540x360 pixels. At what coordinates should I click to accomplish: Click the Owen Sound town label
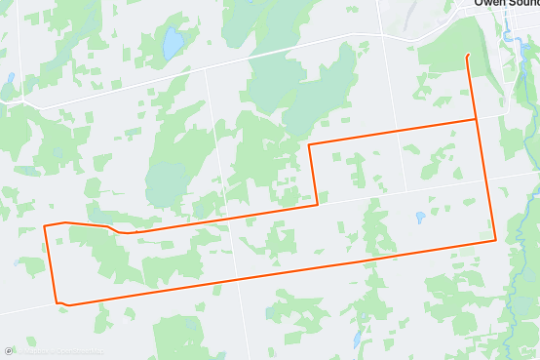point(506,4)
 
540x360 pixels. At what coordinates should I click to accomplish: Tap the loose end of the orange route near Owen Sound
point(469,55)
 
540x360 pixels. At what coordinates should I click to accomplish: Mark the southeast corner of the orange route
point(495,239)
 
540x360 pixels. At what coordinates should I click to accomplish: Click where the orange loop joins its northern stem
point(476,120)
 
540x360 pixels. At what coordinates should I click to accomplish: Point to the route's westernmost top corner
point(45,226)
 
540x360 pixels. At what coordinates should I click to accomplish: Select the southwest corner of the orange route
point(57,301)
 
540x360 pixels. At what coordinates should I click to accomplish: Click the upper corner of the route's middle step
point(309,144)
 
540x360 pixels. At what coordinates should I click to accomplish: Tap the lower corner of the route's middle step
point(317,205)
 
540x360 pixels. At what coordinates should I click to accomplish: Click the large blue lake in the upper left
point(173,44)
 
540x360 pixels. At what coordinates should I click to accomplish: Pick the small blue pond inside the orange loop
point(419,218)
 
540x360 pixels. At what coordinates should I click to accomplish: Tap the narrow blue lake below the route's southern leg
point(358,340)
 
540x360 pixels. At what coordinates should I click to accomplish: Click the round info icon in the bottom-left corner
point(8,352)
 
